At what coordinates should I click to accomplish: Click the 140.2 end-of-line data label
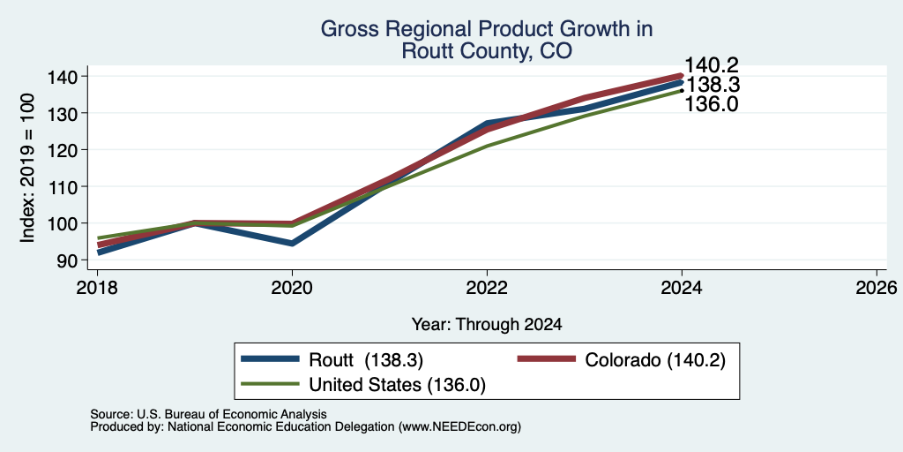coord(712,65)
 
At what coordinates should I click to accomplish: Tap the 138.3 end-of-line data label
coord(713,85)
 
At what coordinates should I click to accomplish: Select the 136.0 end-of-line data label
coord(712,104)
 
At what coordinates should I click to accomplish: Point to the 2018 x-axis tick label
coord(97,287)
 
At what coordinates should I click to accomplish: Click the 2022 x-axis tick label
coord(487,287)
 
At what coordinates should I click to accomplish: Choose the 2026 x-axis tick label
coord(877,287)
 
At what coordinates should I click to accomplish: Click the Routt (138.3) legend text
coord(366,360)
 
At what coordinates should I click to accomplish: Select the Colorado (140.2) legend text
coord(655,360)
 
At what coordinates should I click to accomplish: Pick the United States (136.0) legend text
coord(398,385)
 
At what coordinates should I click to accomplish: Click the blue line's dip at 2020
coord(292,244)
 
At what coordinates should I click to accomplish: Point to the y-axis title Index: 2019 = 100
coord(27,169)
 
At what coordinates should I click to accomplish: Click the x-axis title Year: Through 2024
coord(487,325)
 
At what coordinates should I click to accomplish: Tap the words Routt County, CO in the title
coord(487,50)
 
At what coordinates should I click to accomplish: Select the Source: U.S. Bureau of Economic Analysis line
coord(208,414)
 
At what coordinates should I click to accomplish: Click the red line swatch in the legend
coord(547,359)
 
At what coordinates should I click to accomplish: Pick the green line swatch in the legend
coord(271,384)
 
